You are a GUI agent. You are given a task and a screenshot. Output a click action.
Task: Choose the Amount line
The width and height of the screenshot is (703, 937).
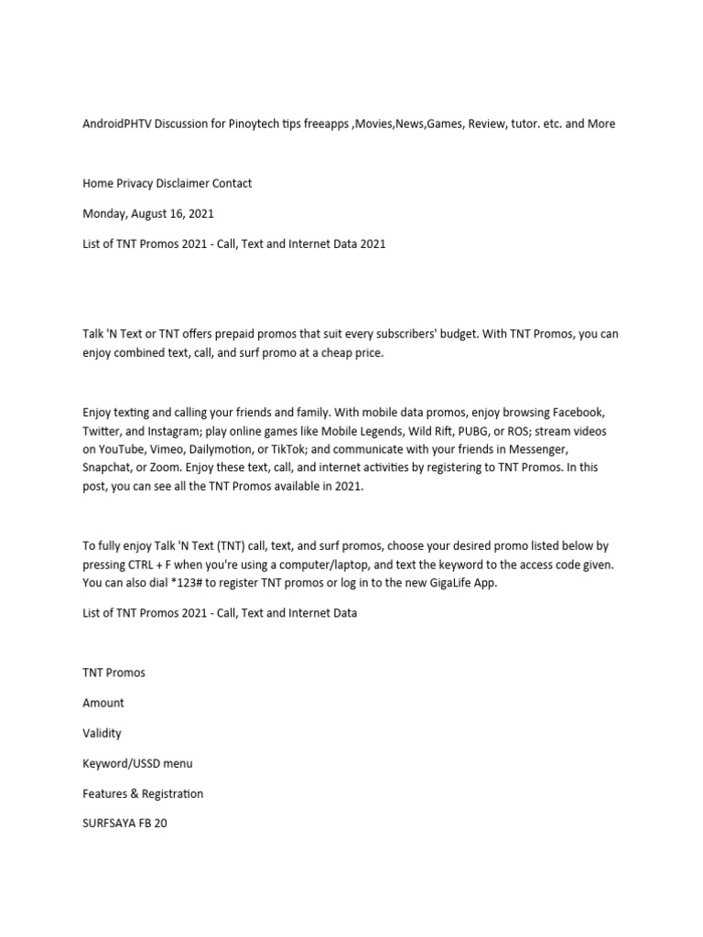click(103, 703)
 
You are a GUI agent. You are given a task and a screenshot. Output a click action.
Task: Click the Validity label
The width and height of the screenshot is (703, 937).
click(102, 733)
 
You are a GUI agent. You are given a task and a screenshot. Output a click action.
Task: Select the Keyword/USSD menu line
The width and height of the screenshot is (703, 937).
click(137, 763)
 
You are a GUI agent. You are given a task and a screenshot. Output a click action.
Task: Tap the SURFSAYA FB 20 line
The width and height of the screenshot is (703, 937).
click(124, 823)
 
